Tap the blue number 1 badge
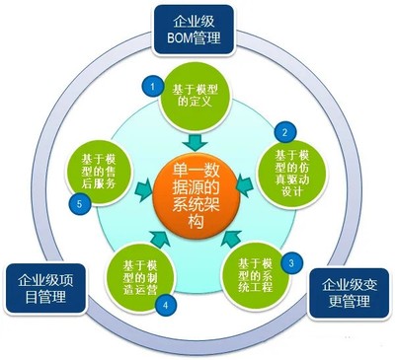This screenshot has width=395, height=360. pyautogui.click(x=153, y=87)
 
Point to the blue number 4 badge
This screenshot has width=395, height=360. pyautogui.click(x=165, y=305)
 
